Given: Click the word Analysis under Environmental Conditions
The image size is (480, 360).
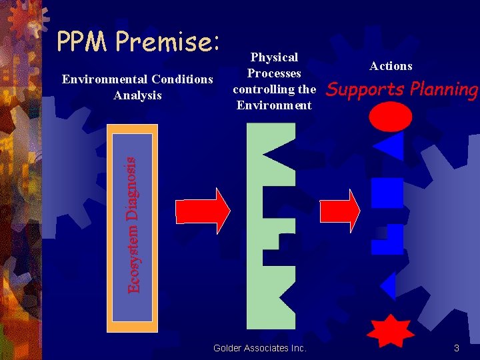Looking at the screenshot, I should (137, 95).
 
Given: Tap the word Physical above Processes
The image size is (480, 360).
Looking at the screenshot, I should (274, 57).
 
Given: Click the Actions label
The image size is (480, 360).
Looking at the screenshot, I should (391, 65).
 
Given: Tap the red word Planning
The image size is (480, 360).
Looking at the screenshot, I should (446, 89).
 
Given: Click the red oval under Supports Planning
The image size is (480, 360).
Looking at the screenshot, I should (391, 117).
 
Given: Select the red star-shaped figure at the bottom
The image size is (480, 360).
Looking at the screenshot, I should (391, 330).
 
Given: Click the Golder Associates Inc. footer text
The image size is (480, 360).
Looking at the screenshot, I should (260, 348).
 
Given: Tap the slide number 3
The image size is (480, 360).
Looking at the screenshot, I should (457, 348).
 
